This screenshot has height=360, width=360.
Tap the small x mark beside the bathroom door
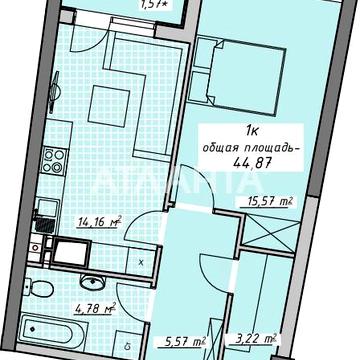[141, 262]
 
